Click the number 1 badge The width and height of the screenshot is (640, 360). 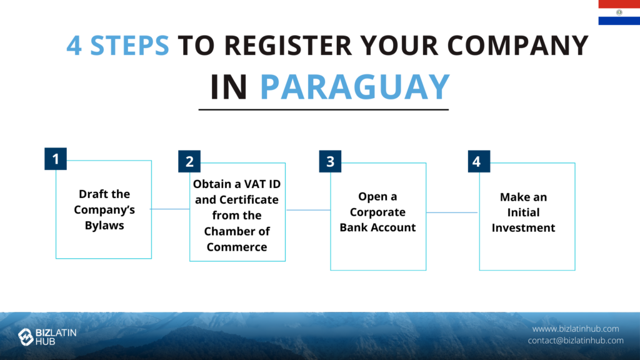[56, 159]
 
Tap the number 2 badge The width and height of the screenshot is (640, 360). [189, 161]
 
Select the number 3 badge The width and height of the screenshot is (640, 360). [330, 161]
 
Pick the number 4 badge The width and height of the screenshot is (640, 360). [479, 161]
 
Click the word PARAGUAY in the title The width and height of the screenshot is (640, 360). [355, 86]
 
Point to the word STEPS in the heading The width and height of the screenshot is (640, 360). [129, 45]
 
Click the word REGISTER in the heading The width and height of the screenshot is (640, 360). [288, 45]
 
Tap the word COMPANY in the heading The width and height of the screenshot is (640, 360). [517, 45]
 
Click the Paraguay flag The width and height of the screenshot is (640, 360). [619, 12]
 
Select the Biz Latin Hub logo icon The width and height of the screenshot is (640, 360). [26, 337]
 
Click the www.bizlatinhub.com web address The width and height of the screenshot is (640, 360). [576, 329]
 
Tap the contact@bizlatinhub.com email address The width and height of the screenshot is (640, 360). [576, 341]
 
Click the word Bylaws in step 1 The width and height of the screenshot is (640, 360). [104, 225]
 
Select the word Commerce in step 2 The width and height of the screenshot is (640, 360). [237, 247]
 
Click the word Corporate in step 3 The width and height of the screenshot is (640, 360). [377, 212]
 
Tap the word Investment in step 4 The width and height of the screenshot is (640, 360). [523, 227]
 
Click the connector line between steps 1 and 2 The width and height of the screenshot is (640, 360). [171, 209]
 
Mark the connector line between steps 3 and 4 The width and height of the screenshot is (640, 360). [452, 212]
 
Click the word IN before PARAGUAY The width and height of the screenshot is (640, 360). [229, 86]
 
